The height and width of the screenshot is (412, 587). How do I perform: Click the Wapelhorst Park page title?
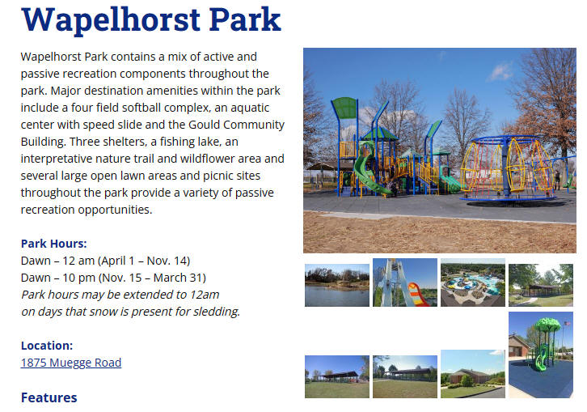click(x=151, y=19)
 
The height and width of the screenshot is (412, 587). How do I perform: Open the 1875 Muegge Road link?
click(x=71, y=363)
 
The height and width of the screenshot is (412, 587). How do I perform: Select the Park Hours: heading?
click(x=54, y=244)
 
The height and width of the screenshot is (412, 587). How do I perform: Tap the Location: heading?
click(x=47, y=346)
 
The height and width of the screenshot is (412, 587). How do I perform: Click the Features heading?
click(x=49, y=397)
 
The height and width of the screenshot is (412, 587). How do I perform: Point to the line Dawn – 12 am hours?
click(x=106, y=261)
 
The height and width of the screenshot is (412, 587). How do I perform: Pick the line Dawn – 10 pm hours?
click(x=113, y=278)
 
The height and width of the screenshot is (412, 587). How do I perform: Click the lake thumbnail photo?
click(x=337, y=285)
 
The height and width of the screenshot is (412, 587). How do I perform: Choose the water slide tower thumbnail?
click(x=405, y=282)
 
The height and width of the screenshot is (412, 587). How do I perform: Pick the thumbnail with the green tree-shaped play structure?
click(x=541, y=355)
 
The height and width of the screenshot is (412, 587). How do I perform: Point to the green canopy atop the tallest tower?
click(x=344, y=108)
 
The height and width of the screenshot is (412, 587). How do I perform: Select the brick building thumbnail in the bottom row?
click(x=473, y=374)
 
